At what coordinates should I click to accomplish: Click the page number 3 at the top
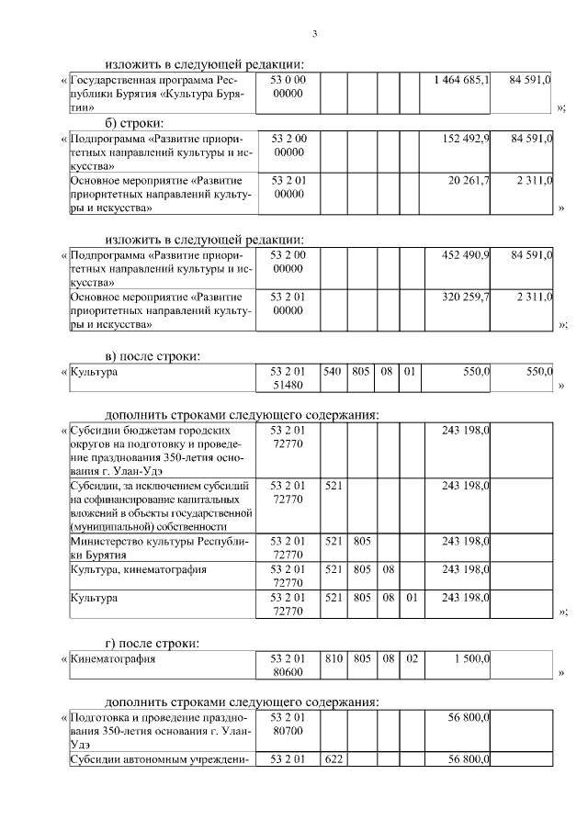314,35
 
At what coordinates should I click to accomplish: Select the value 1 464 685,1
461,81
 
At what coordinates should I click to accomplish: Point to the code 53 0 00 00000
288,87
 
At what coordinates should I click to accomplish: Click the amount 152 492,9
467,138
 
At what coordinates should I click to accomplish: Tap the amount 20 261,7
469,181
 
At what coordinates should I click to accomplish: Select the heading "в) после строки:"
151,355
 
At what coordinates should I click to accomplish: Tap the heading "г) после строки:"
151,642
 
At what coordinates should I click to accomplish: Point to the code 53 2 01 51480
288,379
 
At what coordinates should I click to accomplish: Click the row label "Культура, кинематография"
139,569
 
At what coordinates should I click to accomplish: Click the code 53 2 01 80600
288,666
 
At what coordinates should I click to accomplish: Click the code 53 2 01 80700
288,724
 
